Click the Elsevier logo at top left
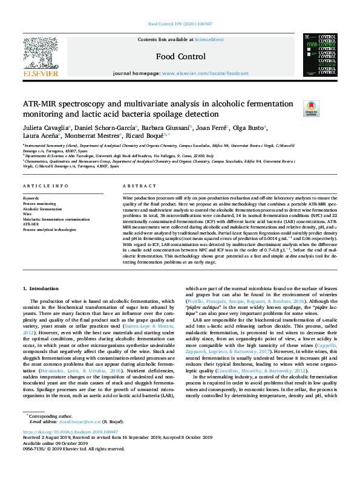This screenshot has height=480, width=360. (41, 57)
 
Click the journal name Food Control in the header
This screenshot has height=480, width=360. (179, 56)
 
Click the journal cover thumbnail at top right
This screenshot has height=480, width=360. (319, 56)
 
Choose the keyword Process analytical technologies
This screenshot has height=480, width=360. (50, 230)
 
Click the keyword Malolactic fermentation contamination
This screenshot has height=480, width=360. (56, 218)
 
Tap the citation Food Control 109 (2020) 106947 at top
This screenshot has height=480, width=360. (179, 25)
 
